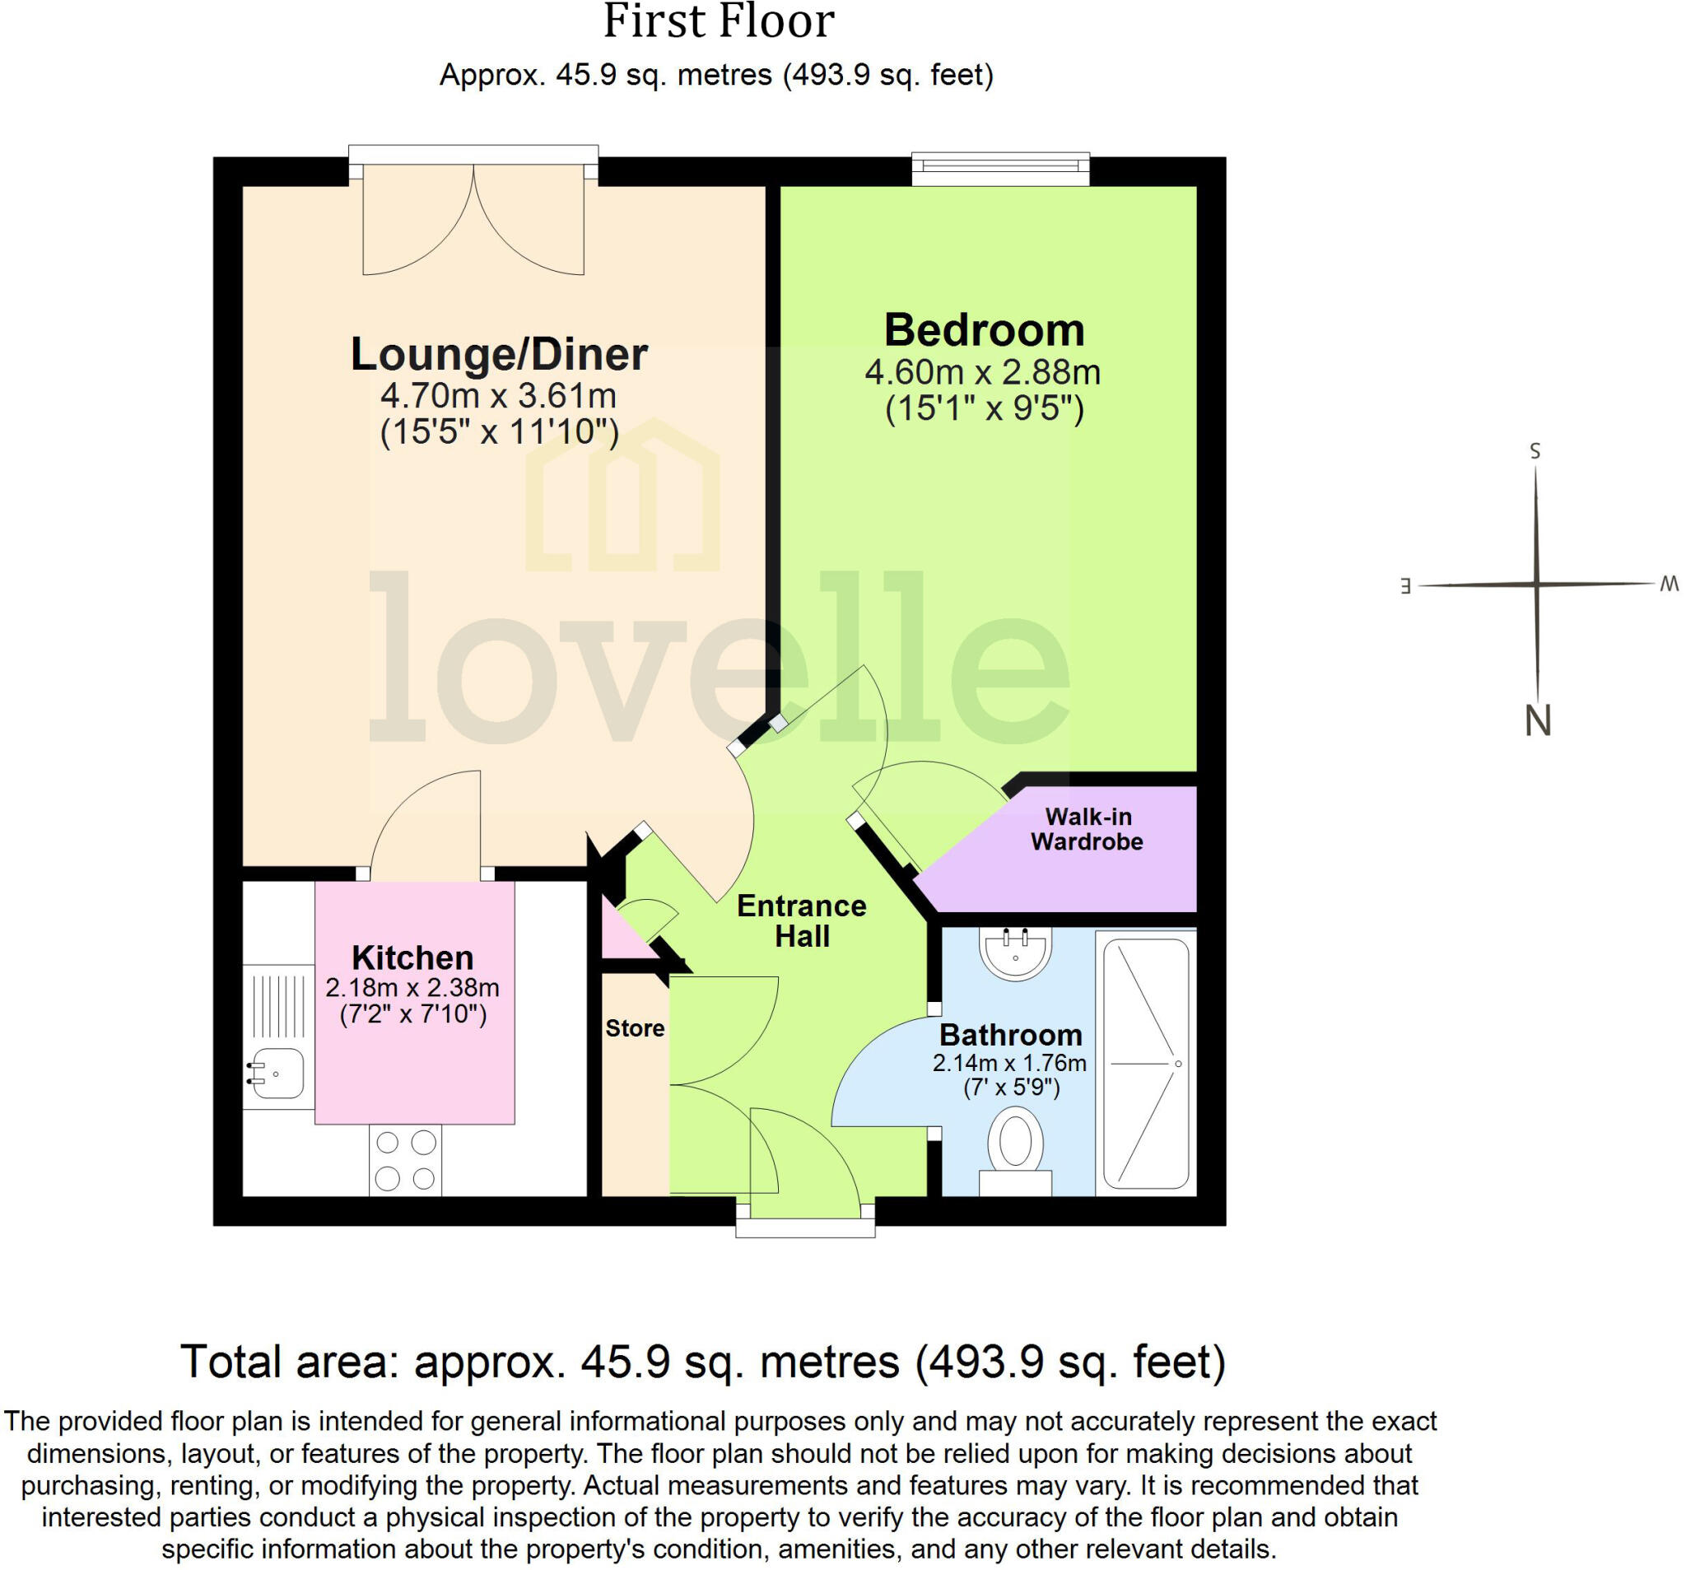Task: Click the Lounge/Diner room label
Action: [x=499, y=355]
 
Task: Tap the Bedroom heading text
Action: [x=984, y=330]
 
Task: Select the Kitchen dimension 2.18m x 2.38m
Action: [x=412, y=988]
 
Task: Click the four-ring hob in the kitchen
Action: [x=405, y=1160]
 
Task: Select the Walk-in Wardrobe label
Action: [x=1088, y=829]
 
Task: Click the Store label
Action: [x=635, y=1029]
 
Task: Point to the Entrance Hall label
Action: [x=802, y=921]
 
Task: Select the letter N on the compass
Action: [x=1538, y=721]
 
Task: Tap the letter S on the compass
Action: [x=1535, y=451]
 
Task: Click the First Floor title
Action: [x=719, y=22]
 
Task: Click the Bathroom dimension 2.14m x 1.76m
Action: [x=1009, y=1063]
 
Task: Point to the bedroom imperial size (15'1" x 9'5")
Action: [x=984, y=410]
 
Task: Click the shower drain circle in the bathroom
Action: [x=1178, y=1064]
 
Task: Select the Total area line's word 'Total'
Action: [x=231, y=1363]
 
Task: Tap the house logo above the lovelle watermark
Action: [x=622, y=496]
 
